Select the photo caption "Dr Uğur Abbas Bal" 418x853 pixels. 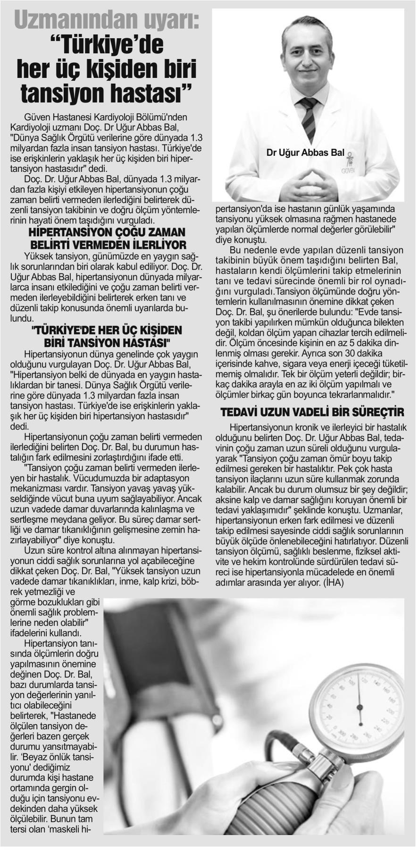305,153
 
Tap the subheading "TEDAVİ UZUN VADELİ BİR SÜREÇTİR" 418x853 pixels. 312,412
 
